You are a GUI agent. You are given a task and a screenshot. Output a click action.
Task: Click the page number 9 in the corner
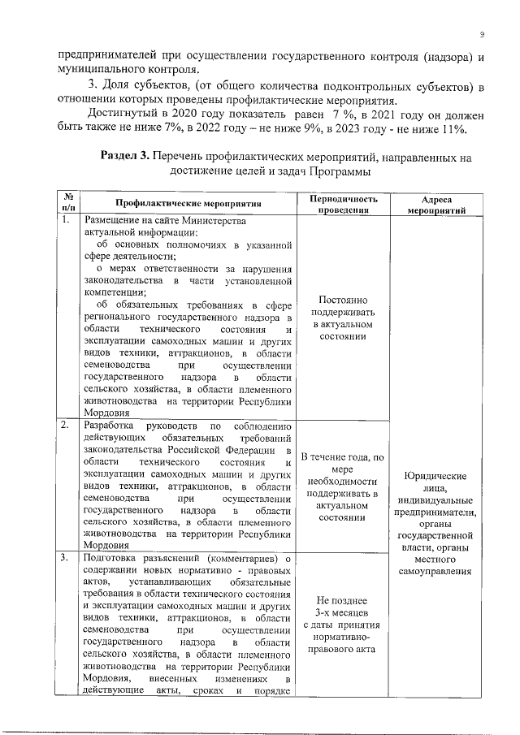coord(482,34)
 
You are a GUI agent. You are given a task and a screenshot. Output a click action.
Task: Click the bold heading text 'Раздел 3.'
coord(128,157)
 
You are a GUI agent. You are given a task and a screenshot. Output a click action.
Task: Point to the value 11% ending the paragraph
coord(451,129)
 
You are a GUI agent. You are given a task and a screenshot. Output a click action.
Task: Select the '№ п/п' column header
coord(69,202)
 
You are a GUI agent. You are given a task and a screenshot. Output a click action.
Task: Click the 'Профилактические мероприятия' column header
coord(187,203)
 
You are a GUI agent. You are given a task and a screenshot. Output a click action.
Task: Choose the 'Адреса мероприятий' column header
coord(437,203)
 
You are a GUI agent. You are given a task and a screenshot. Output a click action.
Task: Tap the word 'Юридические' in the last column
coord(439,476)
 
